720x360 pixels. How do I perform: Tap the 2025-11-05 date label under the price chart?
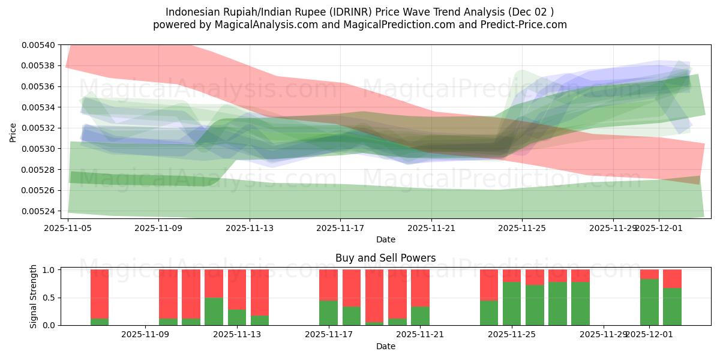pos(68,228)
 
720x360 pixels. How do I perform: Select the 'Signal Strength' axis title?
pos(34,296)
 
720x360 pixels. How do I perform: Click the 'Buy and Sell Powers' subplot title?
pos(385,258)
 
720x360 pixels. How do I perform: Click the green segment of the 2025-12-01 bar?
pos(649,302)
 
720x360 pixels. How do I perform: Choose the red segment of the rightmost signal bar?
pos(672,278)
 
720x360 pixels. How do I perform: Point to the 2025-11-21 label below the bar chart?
pos(420,335)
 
